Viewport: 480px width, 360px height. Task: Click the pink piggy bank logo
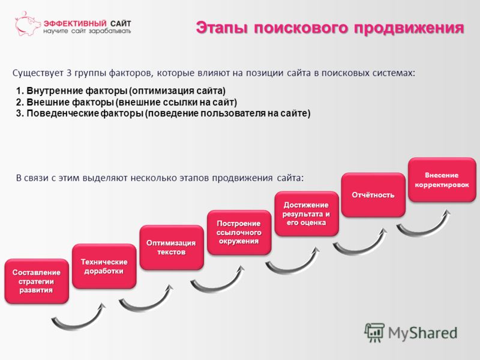(x=28, y=24)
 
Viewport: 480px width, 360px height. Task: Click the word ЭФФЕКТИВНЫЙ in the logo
(x=75, y=23)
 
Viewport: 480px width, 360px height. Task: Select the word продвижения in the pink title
(x=409, y=28)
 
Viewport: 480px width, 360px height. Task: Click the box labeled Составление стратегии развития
(x=37, y=281)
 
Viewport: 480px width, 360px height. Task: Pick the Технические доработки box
(x=104, y=266)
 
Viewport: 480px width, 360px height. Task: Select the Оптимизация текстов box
(x=172, y=247)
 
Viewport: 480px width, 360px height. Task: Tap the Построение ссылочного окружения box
(x=239, y=232)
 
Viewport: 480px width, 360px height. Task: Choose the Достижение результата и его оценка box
(x=307, y=214)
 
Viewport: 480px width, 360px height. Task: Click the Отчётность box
(x=373, y=195)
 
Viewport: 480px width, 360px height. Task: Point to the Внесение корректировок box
(x=442, y=179)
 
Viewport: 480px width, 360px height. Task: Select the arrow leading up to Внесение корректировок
(x=422, y=231)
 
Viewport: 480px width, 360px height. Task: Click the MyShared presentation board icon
(x=374, y=332)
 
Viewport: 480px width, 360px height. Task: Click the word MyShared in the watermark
(x=423, y=333)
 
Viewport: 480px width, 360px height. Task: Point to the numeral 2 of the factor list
(x=19, y=102)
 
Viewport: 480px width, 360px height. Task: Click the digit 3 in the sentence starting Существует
(x=69, y=73)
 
